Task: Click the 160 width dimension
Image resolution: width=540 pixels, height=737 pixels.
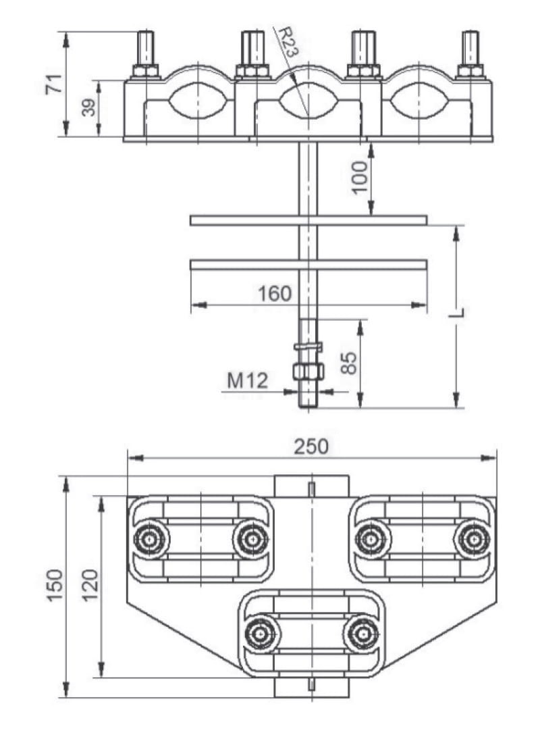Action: (275, 294)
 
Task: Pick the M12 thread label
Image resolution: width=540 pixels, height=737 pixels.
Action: (246, 380)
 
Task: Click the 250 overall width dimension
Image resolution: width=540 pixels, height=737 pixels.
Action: (311, 447)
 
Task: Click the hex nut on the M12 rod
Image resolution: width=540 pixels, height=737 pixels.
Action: (308, 371)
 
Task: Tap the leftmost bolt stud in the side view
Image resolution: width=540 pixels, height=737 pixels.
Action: (146, 51)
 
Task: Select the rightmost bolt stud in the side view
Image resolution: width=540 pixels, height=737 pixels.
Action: (470, 51)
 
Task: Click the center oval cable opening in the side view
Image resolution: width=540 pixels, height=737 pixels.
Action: (308, 102)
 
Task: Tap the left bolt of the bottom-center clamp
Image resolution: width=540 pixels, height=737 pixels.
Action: (259, 634)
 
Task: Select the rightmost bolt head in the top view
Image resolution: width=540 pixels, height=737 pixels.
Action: (472, 538)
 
